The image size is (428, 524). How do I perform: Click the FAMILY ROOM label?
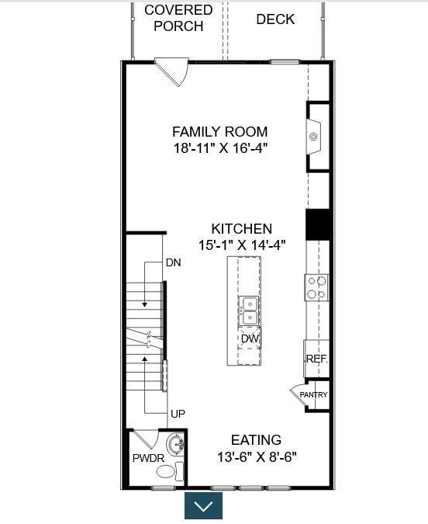pyautogui.click(x=220, y=132)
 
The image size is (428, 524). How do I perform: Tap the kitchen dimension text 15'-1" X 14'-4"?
pyautogui.click(x=242, y=245)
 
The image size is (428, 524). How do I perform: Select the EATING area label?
pyautogui.click(x=256, y=440)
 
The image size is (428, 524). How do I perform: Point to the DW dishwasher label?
pyautogui.click(x=250, y=338)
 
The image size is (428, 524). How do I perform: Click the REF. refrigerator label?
pyautogui.click(x=317, y=359)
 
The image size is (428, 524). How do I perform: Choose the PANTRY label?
pyautogui.click(x=313, y=394)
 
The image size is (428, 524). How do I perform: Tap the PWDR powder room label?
pyautogui.click(x=148, y=458)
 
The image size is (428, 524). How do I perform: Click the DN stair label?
pyautogui.click(x=173, y=262)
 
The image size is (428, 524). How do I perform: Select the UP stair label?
pyautogui.click(x=178, y=414)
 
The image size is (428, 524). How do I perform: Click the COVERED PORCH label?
pyautogui.click(x=178, y=18)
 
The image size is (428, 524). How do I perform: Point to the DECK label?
pyautogui.click(x=275, y=19)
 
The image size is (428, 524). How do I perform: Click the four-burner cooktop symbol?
pyautogui.click(x=316, y=288)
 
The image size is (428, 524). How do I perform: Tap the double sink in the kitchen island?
pyautogui.click(x=250, y=311)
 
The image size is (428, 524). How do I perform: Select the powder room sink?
pyautogui.click(x=175, y=445)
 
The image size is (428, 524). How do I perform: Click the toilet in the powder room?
pyautogui.click(x=171, y=471)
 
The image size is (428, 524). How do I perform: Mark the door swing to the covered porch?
pyautogui.click(x=173, y=71)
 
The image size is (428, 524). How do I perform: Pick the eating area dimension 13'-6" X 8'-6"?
pyautogui.click(x=257, y=456)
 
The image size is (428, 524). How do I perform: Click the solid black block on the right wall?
pyautogui.click(x=319, y=224)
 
